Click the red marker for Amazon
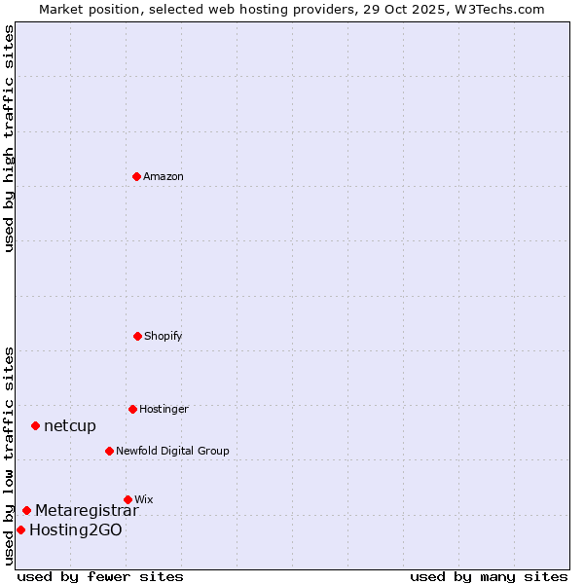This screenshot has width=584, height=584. click(136, 176)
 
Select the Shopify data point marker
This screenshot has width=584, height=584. click(137, 336)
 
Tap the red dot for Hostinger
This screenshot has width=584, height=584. click(132, 409)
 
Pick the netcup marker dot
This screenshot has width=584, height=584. click(35, 425)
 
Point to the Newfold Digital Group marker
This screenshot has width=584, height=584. click(109, 451)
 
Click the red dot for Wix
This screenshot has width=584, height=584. click(128, 499)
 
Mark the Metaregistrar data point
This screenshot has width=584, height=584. click(26, 510)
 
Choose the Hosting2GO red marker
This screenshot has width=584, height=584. click(20, 529)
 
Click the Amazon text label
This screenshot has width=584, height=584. click(164, 176)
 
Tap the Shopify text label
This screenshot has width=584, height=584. click(164, 336)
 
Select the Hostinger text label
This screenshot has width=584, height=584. click(164, 409)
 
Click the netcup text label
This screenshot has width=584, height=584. click(70, 425)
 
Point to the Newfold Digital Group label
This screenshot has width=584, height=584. click(172, 451)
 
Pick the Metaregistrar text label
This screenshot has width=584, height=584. click(87, 510)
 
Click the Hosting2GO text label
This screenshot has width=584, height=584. click(76, 529)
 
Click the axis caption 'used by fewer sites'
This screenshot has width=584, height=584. click(100, 576)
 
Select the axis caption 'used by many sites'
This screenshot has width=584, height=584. click(489, 576)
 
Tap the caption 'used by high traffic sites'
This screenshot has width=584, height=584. click(9, 138)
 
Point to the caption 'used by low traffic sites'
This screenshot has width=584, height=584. click(9, 456)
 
